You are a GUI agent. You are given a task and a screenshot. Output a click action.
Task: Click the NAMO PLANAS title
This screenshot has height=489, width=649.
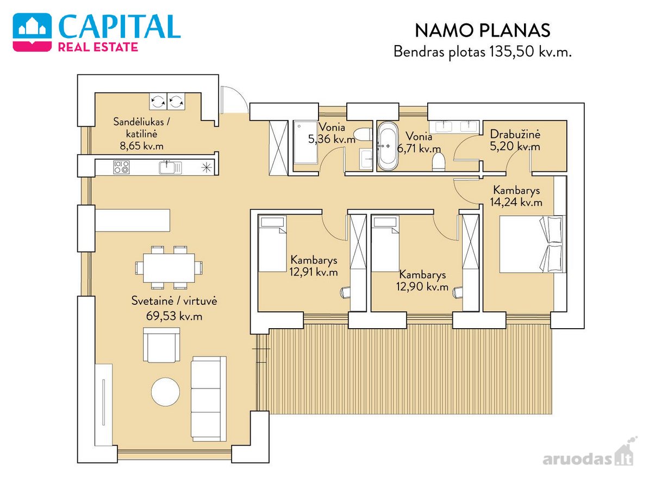click(x=482, y=30)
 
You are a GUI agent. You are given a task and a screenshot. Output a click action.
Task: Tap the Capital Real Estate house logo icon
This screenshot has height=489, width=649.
click(x=32, y=32)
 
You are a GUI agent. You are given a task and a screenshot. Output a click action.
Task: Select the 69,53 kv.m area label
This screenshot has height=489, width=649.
click(x=174, y=316)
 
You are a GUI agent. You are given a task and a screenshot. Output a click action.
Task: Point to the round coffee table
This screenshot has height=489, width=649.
click(x=166, y=391)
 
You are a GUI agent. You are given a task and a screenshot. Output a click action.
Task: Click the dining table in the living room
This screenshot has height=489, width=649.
click(x=169, y=267)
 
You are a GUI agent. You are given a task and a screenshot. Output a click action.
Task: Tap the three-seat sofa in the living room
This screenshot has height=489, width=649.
click(x=209, y=398)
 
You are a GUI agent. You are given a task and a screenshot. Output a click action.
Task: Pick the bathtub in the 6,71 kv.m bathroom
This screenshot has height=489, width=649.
click(x=388, y=146)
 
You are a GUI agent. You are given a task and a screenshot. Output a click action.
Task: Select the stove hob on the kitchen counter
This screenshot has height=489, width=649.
click(x=122, y=167)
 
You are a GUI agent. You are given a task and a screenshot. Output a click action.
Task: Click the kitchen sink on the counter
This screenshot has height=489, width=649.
click(x=170, y=167)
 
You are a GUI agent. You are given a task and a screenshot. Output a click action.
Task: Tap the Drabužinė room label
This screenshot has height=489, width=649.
click(x=515, y=134)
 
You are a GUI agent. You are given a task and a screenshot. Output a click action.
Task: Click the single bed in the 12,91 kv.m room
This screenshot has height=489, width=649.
click(x=272, y=243)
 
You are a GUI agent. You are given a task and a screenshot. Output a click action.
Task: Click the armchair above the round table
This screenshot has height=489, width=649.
click(x=161, y=344)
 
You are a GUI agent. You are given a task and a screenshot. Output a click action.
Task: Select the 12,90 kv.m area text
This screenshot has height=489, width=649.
click(x=422, y=287)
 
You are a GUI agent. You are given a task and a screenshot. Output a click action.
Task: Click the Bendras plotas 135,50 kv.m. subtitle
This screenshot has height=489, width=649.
click(x=482, y=52)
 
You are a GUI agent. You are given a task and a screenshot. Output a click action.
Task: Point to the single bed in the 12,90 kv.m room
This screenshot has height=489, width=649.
click(x=385, y=243)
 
